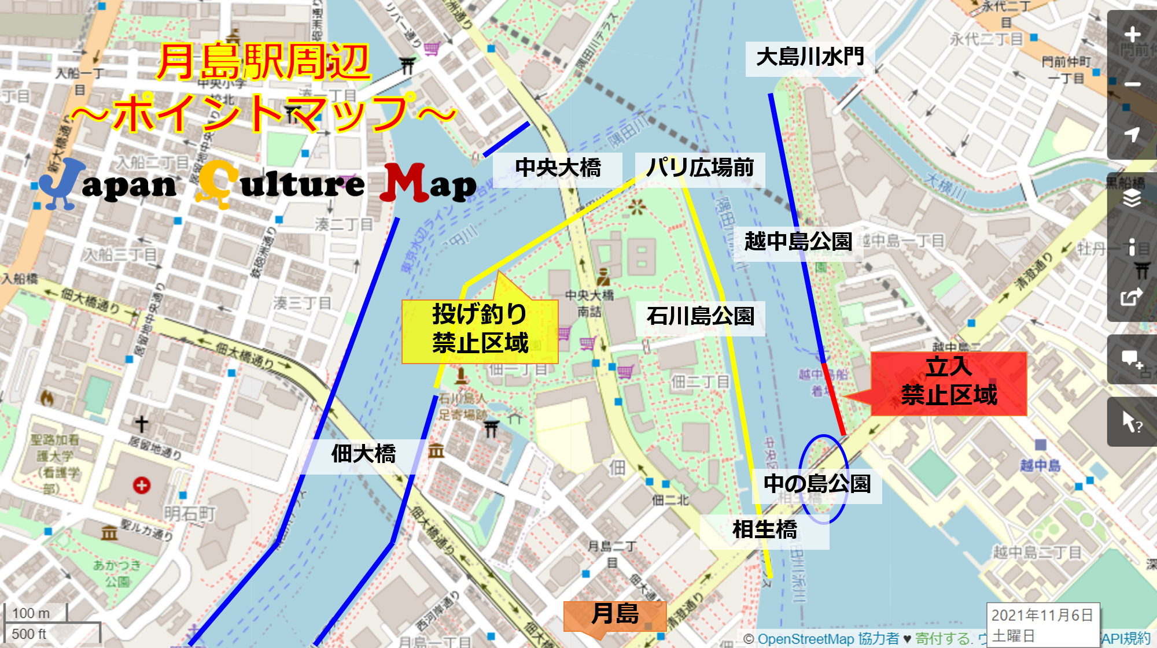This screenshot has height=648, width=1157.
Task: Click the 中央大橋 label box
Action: tap(557, 169)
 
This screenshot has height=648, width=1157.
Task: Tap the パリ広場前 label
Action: tap(699, 169)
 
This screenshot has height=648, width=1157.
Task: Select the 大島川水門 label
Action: tap(809, 58)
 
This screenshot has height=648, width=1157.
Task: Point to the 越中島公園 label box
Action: tap(798, 242)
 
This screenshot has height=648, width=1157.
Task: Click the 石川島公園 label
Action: tap(700, 317)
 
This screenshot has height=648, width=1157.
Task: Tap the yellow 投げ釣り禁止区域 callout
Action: tap(480, 330)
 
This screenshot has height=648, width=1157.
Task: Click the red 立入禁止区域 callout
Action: tap(949, 382)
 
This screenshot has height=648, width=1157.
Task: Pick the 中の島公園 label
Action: tap(817, 484)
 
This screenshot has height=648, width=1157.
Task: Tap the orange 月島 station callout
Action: tap(614, 615)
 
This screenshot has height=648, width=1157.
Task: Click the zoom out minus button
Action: tap(1132, 84)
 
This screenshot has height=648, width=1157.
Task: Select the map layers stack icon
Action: tap(1132, 198)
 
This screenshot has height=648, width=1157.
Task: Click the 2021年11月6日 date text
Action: tap(1042, 615)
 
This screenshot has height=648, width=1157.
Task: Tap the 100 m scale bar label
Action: tap(31, 613)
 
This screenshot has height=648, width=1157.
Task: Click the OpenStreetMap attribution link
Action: tap(805, 639)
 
